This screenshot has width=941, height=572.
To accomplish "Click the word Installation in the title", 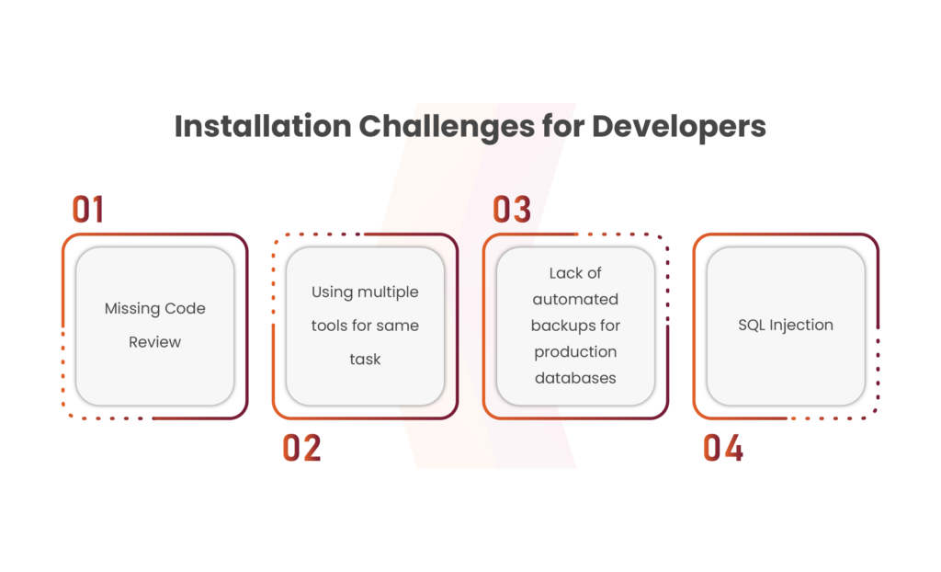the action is (263, 126).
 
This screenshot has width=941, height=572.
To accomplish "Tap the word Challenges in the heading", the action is (447, 128).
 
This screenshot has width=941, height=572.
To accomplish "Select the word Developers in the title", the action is (679, 128).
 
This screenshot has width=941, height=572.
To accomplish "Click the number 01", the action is (87, 209).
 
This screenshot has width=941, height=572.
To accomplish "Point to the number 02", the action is (301, 448).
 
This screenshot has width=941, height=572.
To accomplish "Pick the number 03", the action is (512, 209).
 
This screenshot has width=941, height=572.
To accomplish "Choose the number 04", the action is (723, 448).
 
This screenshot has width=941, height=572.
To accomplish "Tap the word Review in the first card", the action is (154, 342).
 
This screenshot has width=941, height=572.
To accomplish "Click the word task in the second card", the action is (365, 359).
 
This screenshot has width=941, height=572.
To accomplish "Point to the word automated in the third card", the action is (575, 299).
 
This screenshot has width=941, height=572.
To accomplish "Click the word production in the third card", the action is (575, 352).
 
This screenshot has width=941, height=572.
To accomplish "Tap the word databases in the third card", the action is (575, 378).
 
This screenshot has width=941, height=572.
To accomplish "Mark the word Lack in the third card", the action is (566, 273).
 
